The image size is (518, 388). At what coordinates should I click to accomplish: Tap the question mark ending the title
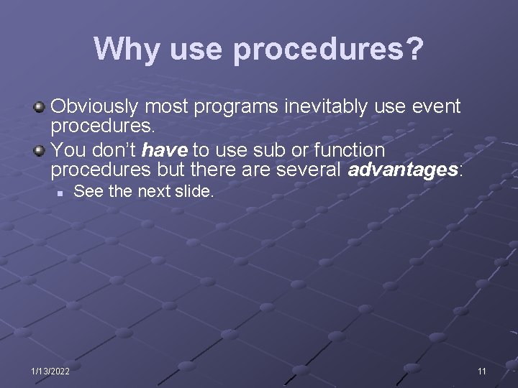[x=414, y=49]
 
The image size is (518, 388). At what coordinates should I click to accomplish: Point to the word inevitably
[x=327, y=108]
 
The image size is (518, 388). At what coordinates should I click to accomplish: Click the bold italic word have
[x=165, y=151]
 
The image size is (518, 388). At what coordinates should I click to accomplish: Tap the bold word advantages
[x=403, y=171]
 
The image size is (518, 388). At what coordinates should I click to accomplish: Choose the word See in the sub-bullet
[x=86, y=191]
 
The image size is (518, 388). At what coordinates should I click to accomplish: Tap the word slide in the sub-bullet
[x=194, y=191]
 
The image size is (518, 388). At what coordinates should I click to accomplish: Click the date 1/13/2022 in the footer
[x=50, y=370]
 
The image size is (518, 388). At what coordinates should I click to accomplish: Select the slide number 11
[x=482, y=370]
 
